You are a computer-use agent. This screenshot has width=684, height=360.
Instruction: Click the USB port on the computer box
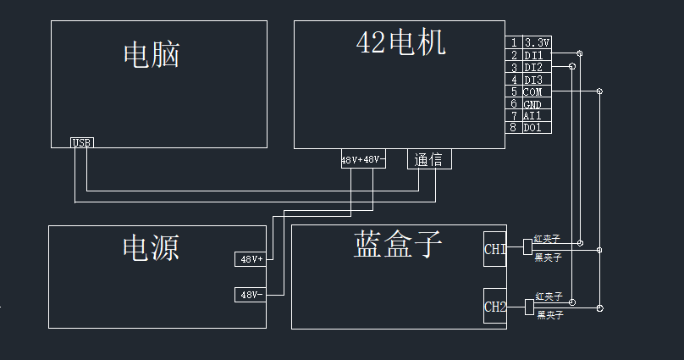coord(82,142)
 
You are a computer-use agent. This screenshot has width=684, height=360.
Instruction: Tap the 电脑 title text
coord(152,55)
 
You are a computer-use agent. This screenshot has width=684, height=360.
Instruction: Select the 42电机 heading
coord(401,42)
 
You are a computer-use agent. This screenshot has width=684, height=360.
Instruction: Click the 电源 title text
coord(151,247)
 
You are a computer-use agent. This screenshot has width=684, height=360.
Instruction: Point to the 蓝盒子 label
coord(397,244)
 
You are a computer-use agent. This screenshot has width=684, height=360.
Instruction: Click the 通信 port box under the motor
coord(429,159)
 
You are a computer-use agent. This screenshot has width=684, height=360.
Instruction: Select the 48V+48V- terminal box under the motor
coord(363,159)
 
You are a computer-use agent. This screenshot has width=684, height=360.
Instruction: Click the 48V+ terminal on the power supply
coord(251,259)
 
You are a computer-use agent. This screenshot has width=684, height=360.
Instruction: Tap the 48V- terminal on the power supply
coord(251,295)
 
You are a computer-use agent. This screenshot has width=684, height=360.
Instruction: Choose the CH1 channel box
coord(494,249)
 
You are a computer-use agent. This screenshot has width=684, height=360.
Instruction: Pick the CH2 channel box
coord(494,307)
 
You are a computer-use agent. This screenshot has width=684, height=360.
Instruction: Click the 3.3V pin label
coord(537,42)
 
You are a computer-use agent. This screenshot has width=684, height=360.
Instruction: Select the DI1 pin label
coord(533,55)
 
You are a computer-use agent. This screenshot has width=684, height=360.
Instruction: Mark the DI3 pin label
coord(533,80)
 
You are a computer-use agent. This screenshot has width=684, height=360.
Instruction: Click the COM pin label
coord(532,92)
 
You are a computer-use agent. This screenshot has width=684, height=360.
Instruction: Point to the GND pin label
coord(532,105)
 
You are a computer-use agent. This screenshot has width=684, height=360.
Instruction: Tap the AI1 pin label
coord(532,116)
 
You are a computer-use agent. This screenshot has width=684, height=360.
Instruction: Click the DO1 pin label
coord(532,127)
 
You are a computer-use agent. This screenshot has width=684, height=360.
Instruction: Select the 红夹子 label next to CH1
coord(547,238)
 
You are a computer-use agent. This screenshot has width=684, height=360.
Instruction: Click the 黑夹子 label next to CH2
coord(550,314)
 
